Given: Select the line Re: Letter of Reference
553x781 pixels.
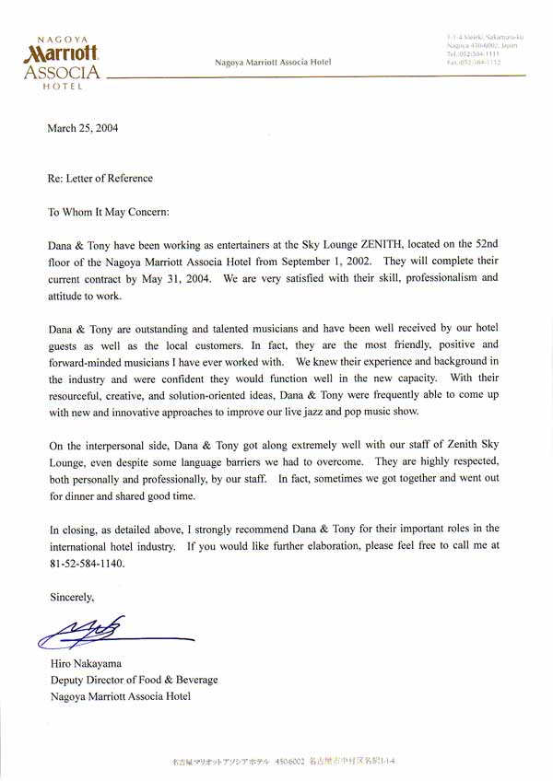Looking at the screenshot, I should [100, 179].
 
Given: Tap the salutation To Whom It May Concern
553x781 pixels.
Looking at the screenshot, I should [109, 211].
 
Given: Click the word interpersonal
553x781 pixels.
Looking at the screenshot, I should [120, 447].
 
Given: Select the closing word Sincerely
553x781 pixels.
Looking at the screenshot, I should [72, 597].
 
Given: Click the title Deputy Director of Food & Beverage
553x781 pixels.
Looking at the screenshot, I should [135, 680].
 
